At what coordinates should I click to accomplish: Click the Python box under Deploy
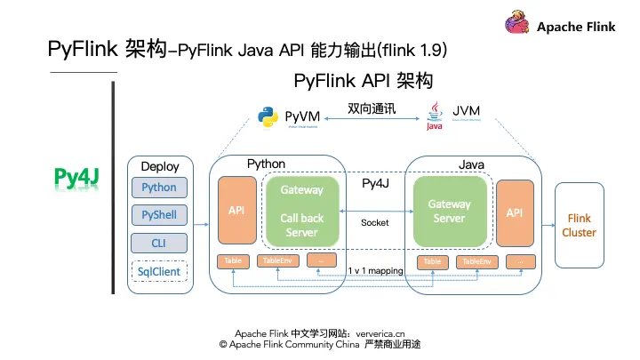point(159,188)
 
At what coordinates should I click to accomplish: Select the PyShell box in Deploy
point(159,215)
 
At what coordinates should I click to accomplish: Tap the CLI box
point(159,243)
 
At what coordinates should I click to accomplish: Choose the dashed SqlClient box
point(159,270)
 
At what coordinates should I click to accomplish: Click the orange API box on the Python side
point(236,211)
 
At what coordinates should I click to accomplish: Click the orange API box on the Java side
point(515,212)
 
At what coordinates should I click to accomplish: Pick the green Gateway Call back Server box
point(302,211)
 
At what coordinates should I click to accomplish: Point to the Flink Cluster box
point(579,225)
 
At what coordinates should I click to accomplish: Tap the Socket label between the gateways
point(375,222)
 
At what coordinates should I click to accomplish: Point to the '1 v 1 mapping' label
point(375,270)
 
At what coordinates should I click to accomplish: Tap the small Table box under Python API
point(233,261)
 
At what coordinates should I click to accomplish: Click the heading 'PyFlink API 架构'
point(363,81)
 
